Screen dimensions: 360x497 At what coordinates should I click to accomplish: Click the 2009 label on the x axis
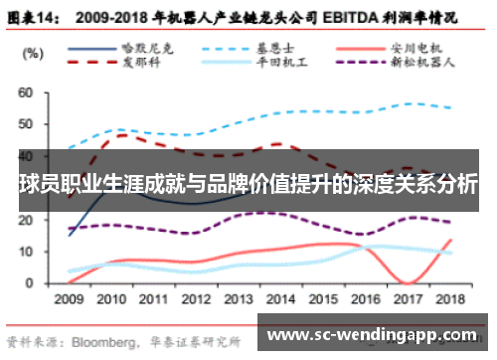point(69,298)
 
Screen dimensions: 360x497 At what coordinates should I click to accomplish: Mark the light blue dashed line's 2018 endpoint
point(453,108)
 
